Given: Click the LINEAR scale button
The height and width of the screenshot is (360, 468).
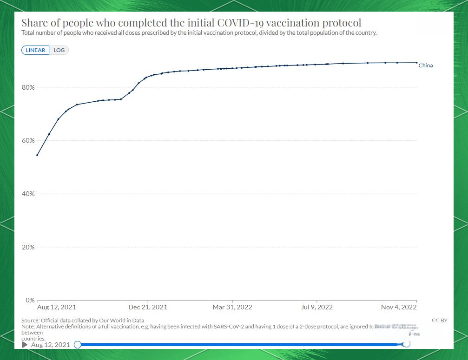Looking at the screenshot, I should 35,50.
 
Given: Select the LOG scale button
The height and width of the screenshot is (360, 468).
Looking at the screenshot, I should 59,50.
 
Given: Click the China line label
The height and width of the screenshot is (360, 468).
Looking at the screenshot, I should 425,65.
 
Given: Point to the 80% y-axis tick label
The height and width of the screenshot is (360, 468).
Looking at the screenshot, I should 28,87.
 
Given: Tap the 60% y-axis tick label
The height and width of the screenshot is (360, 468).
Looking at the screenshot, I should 28,140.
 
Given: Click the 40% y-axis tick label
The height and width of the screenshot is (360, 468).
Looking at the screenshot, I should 28,194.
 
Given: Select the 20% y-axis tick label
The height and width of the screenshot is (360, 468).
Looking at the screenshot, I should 28,247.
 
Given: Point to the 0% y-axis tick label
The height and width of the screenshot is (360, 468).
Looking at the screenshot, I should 30,300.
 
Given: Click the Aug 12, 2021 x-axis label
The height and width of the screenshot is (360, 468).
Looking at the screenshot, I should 56,307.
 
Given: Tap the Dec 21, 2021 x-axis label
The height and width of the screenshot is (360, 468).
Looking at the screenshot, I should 148,307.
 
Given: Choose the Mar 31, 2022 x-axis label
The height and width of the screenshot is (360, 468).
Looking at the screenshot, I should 232,307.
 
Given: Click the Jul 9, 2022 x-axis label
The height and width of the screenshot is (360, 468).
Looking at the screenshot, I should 317,307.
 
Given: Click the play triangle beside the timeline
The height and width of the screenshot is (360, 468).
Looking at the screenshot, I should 25,345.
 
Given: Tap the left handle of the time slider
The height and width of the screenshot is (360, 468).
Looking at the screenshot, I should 78,345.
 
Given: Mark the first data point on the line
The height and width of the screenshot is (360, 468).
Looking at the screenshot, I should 37,155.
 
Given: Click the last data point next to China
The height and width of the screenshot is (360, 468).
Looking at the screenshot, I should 416,63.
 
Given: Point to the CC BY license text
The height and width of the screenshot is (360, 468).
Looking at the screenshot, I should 439,320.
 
